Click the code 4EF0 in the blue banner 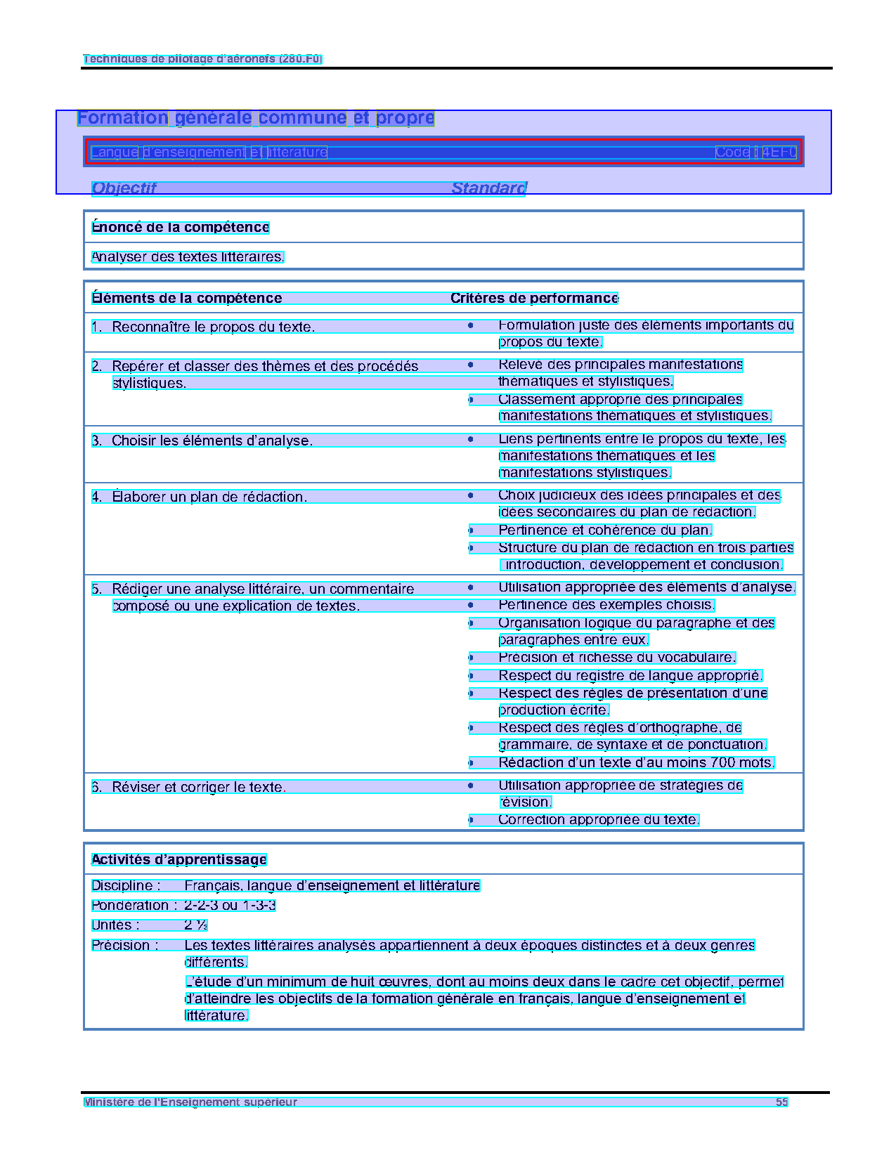pos(779,152)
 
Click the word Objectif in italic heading pos(124,188)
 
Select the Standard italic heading pos(488,188)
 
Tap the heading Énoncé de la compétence pos(181,228)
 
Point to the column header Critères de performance pos(534,299)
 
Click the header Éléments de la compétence pos(187,299)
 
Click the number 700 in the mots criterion pos(722,763)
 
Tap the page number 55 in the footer pos(781,1102)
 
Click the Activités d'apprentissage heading pos(179,860)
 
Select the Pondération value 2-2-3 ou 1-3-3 pos(230,906)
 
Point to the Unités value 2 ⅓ pos(196,925)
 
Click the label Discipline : pos(126,886)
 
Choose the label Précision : pos(125,946)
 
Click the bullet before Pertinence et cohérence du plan pos(471,530)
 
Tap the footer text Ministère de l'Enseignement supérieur pos(190,1102)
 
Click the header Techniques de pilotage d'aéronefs pos(202,59)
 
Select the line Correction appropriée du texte pos(599,820)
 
